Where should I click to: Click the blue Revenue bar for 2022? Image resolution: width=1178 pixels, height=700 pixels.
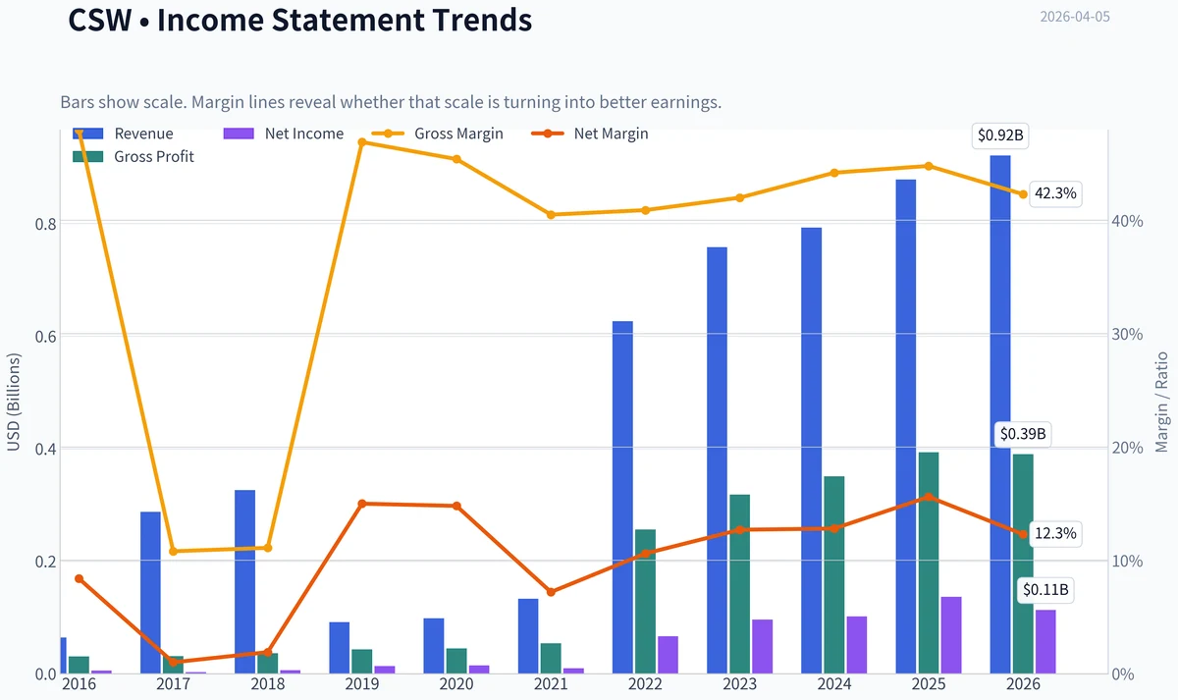tap(622, 497)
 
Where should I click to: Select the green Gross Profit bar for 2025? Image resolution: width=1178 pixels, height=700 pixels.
tap(929, 563)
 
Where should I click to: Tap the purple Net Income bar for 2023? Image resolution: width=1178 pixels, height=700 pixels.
tap(763, 646)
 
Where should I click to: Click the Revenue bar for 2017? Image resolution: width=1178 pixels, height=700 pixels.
tap(150, 592)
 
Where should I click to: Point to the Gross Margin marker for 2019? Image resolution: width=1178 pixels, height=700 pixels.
tap(362, 142)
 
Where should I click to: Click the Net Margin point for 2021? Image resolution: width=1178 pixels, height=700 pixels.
tap(551, 592)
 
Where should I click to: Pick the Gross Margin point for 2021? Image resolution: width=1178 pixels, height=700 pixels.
tap(551, 215)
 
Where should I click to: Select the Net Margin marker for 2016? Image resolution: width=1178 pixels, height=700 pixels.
tap(79, 578)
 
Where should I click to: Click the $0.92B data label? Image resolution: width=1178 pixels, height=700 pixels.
tap(1000, 135)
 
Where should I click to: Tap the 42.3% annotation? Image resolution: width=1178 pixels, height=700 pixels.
tap(1055, 193)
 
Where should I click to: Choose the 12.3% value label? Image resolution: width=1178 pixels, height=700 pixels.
tap(1055, 534)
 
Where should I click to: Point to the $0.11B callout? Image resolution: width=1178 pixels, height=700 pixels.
tap(1045, 590)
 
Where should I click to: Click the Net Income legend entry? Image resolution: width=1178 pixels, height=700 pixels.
tap(284, 134)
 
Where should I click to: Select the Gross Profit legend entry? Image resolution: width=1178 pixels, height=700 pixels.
tap(134, 157)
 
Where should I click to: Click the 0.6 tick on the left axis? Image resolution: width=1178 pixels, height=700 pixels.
tap(45, 337)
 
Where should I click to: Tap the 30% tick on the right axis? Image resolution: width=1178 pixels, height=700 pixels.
tap(1128, 335)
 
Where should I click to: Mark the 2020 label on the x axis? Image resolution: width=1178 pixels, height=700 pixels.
tap(456, 684)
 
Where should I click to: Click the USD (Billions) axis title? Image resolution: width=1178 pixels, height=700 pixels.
tap(13, 403)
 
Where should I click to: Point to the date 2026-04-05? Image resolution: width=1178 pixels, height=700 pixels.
tap(1075, 17)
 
